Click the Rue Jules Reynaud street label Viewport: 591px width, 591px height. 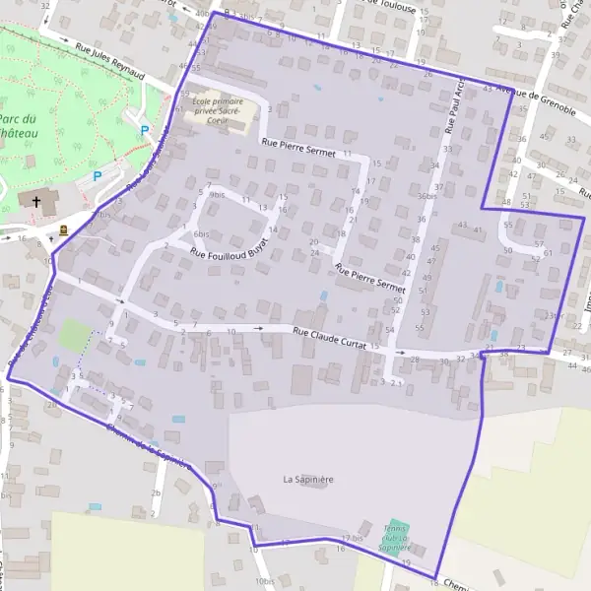pyautogui.click(x=109, y=60)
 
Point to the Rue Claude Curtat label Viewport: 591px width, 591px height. pyautogui.click(x=329, y=340)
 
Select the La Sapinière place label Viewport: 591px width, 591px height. pyautogui.click(x=308, y=480)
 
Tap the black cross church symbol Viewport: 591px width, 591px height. pyautogui.click(x=36, y=201)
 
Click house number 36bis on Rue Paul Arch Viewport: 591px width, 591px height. pyautogui.click(x=426, y=196)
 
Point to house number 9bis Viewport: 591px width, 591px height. pyautogui.click(x=217, y=196)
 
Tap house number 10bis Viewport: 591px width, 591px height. pyautogui.click(x=265, y=581)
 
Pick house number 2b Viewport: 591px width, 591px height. pyautogui.click(x=156, y=492)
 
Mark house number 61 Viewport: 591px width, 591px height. pyautogui.click(x=548, y=253)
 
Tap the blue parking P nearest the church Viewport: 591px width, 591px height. pyautogui.click(x=97, y=176)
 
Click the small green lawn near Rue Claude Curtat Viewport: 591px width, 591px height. pyautogui.click(x=73, y=333)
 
